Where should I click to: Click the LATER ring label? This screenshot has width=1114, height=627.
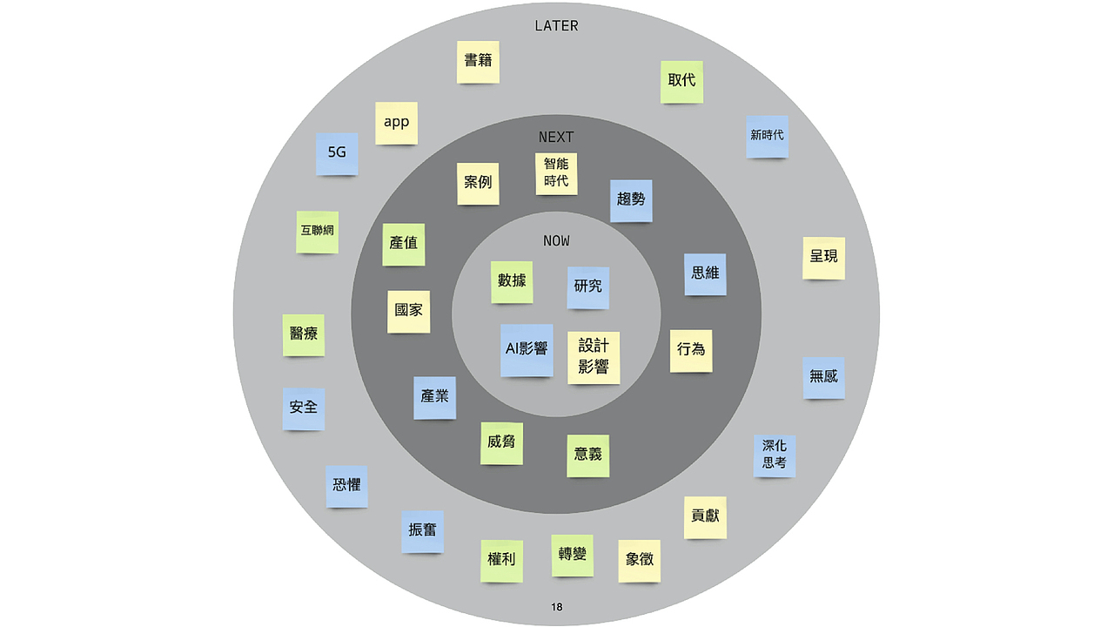pos(556,26)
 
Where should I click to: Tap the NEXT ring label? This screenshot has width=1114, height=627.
pos(556,138)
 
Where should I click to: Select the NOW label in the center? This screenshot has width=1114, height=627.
pos(556,241)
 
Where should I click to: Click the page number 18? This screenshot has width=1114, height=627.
pos(557,607)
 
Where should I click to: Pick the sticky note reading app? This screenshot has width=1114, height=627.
pos(396,123)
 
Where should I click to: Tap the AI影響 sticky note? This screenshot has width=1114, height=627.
pos(527,349)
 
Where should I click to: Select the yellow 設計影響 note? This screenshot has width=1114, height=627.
pos(594,357)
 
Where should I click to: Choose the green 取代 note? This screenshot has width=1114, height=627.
pos(681,81)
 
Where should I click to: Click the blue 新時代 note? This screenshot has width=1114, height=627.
pos(767,136)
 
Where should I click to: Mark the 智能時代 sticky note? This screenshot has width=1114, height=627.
pos(556,173)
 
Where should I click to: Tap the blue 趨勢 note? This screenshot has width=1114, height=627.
pos(631,200)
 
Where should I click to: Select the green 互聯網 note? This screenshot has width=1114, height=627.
pos(317,232)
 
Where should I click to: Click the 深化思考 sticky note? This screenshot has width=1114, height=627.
pos(775,455)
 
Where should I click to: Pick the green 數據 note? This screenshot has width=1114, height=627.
pos(512,281)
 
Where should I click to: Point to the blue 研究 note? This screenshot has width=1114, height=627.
pos(588,287)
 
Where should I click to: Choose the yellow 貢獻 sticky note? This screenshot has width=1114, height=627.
pos(705,517)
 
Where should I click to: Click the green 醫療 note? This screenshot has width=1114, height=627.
pos(303,335)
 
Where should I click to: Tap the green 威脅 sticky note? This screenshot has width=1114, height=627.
pos(501,442)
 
